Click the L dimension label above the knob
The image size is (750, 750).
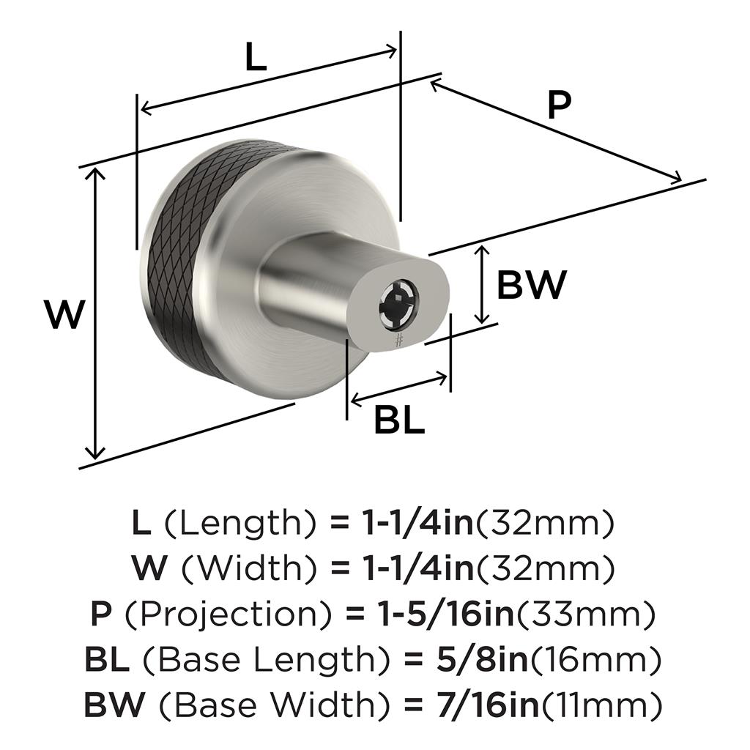pos(256,56)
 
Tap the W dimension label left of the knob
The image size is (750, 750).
pos(64,314)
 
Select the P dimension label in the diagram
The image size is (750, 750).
pos(559,105)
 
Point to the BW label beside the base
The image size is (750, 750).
pos(532,285)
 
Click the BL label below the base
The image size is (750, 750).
pos(399,420)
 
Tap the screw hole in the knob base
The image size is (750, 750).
pos(398,304)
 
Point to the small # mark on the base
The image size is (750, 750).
pos(399,340)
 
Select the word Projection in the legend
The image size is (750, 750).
pos(229,615)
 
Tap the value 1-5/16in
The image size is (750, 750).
pos(445,615)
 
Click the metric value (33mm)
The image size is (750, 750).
pos(584,615)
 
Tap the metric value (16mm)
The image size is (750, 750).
pos(595,660)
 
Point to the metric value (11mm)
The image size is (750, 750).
pos(600,705)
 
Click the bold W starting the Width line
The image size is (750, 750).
pos(150,568)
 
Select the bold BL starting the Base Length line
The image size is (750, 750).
pos(107,660)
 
